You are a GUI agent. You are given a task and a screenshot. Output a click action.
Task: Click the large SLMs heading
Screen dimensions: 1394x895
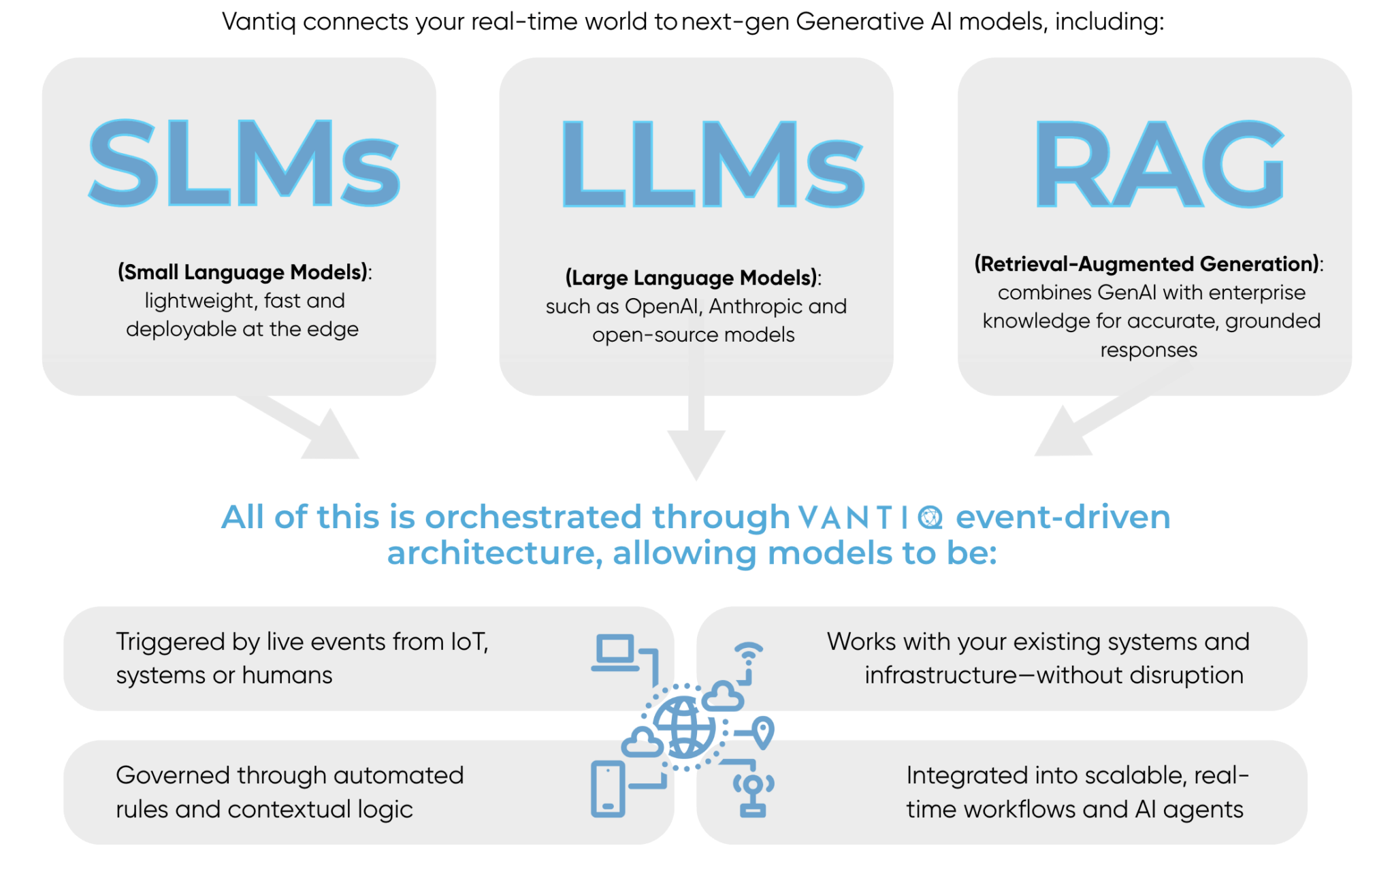244,163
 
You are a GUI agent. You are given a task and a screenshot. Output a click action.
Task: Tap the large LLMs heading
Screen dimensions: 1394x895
712,164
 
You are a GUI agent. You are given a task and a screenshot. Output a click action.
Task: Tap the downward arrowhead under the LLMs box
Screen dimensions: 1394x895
696,455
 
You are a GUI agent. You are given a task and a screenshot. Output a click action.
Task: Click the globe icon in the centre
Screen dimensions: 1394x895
684,728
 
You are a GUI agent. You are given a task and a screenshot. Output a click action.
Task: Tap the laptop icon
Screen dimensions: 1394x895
615,653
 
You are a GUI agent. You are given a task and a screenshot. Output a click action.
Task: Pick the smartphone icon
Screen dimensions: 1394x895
608,789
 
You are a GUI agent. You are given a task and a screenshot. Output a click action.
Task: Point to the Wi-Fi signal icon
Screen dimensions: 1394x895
749,653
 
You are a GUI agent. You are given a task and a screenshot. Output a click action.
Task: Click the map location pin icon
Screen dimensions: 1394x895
762,732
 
